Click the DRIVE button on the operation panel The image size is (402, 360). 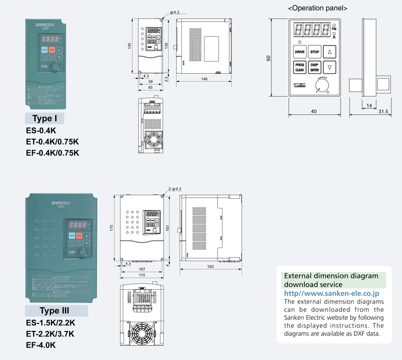click(300, 51)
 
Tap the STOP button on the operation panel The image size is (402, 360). click(315, 51)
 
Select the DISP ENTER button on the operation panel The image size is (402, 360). click(315, 67)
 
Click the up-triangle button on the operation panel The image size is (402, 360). click(329, 51)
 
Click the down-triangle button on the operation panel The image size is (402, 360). click(329, 67)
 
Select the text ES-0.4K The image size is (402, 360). click(45, 131)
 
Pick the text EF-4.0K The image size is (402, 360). click(41, 345)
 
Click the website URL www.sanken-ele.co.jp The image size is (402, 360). click(332, 293)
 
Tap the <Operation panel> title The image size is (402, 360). click(317, 9)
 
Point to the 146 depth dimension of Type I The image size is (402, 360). click(204, 79)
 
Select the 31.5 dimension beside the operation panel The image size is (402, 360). click(384, 111)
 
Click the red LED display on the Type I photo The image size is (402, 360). click(52, 38)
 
